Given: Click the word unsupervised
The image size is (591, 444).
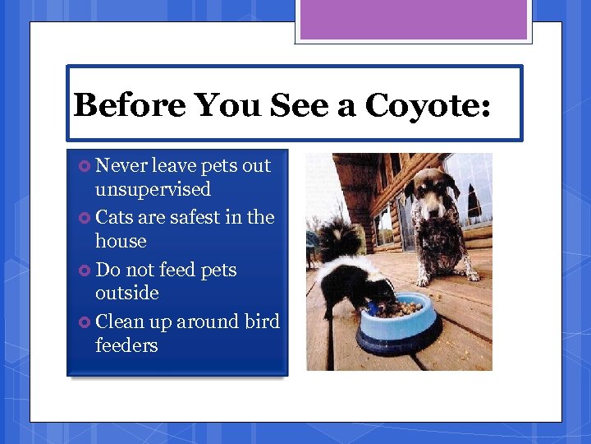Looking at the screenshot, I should point(153,189).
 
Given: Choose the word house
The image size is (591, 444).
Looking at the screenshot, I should point(121,241).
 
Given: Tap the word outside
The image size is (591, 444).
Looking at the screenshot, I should point(126,293).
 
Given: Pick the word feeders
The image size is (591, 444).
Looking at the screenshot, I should point(126,345).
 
